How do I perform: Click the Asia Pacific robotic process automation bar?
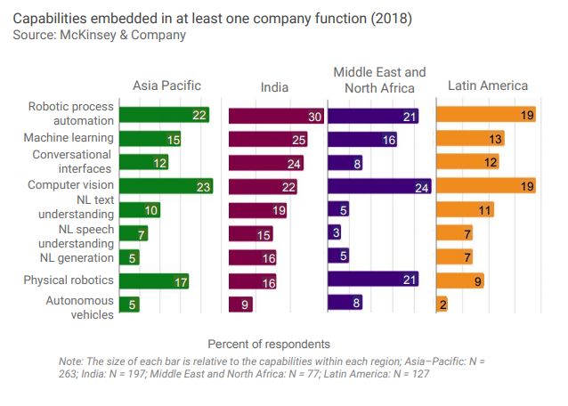(164, 115)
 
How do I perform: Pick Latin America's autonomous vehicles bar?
(442, 304)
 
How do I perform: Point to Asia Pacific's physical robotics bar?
(153, 281)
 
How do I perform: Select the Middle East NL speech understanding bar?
(335, 233)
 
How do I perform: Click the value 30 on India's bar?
(314, 116)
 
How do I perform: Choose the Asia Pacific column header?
(166, 86)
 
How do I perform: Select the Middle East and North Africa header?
(379, 79)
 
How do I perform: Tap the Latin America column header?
(488, 86)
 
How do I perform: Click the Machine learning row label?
(69, 138)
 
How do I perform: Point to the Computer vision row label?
(70, 184)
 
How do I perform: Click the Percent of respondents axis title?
(269, 344)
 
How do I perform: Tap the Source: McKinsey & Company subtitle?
(100, 36)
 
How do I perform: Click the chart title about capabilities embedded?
(212, 18)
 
